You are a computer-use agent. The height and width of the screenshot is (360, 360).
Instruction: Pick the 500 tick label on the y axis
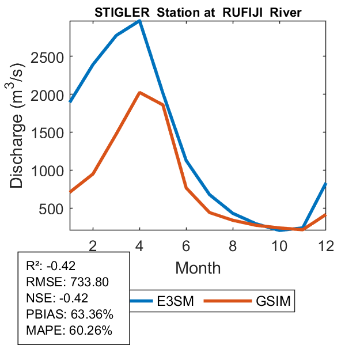point(55,209)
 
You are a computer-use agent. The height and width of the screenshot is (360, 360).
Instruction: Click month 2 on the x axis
point(93,245)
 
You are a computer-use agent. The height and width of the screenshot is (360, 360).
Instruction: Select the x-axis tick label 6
point(186,245)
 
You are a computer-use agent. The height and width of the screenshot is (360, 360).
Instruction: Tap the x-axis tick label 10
point(279,245)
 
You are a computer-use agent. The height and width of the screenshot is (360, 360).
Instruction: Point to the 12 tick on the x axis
point(325,245)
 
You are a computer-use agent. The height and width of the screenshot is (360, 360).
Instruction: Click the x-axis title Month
point(198,267)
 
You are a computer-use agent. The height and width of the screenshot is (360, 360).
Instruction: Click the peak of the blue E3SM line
point(139,21)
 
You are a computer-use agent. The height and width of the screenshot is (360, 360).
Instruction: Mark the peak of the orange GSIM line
point(139,93)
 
